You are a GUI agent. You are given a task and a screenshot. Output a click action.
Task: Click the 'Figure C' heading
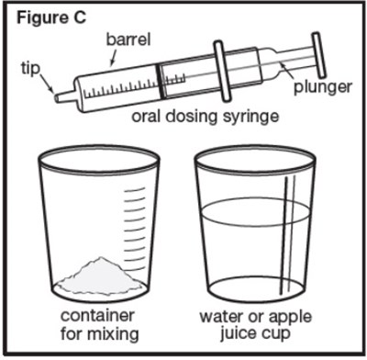42,15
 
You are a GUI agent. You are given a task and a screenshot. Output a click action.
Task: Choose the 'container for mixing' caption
102,325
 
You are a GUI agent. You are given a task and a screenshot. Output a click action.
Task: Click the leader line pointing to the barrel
114,57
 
